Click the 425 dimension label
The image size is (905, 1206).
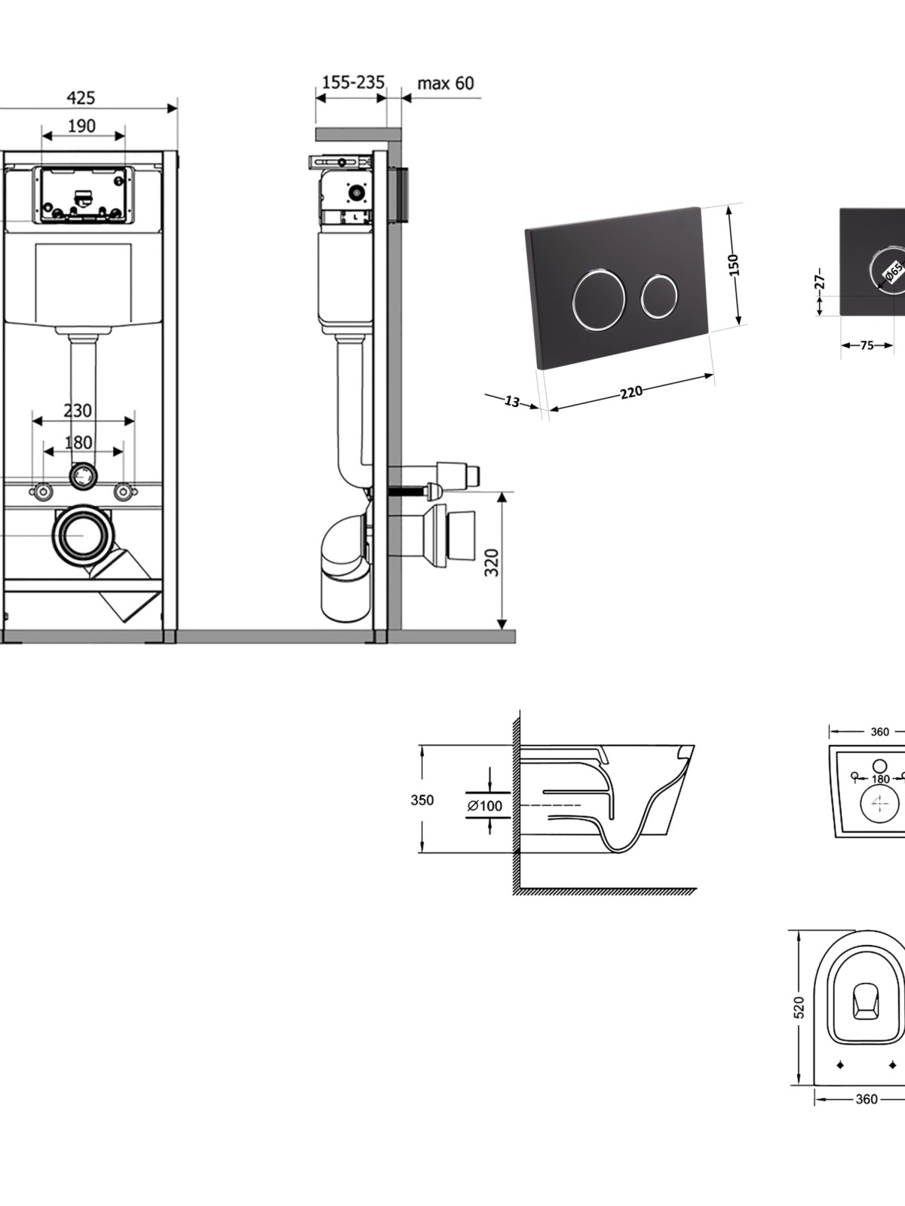[81, 98]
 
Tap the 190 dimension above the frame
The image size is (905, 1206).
[81, 127]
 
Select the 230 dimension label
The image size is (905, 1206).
[78, 411]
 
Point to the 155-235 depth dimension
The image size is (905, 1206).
[353, 82]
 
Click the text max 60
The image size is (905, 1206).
[445, 83]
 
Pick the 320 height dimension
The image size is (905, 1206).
[492, 562]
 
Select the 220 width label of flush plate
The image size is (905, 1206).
[631, 393]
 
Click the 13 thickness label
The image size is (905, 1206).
[511, 402]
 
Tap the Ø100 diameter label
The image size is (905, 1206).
[485, 806]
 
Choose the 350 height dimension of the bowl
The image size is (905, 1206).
[422, 800]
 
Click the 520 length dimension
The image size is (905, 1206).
[799, 1008]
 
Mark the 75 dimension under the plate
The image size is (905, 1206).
[867, 345]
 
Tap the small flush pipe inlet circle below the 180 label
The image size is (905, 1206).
[84, 476]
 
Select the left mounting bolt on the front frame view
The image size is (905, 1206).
[42, 491]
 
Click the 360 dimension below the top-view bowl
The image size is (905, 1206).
[867, 1099]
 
